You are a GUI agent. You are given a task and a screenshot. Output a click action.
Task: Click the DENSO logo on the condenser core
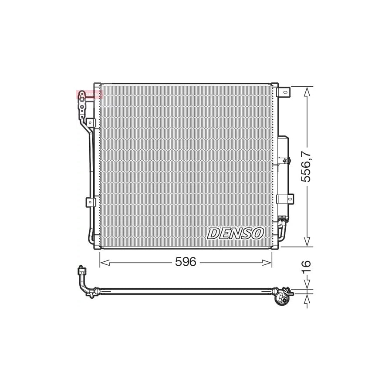pyautogui.click(x=235, y=233)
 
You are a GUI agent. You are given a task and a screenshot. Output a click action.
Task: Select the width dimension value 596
pyautogui.click(x=186, y=262)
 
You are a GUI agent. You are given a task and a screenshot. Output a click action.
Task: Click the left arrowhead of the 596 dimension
pyautogui.click(x=104, y=262)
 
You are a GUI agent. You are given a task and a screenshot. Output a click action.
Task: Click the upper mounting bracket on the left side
pyautogui.click(x=91, y=123)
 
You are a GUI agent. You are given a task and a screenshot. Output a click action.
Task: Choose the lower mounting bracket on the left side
pyautogui.click(x=91, y=202)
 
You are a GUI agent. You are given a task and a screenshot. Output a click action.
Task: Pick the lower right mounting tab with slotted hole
pyautogui.click(x=287, y=199)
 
